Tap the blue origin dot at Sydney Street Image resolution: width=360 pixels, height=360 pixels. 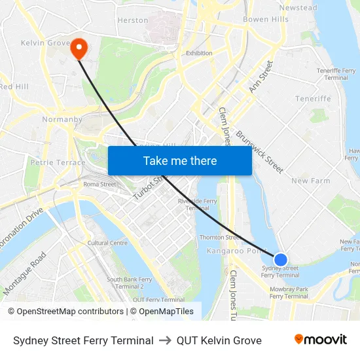(280, 260)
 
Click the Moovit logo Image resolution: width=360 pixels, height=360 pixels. (320, 340)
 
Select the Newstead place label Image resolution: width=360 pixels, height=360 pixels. (298, 8)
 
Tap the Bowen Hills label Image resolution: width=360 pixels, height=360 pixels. (265, 20)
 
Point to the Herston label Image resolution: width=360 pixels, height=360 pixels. (133, 20)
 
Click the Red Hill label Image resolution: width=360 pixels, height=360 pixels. (14, 86)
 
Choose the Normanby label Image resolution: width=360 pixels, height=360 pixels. (62, 120)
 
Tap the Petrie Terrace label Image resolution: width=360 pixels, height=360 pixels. (58, 162)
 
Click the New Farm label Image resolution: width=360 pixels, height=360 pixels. (311, 181)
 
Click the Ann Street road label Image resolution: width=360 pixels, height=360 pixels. (261, 77)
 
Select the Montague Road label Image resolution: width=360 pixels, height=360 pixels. (26, 273)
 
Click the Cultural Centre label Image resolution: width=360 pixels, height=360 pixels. (107, 243)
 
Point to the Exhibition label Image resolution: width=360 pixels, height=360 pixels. (199, 53)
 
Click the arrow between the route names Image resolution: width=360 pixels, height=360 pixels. (165, 340)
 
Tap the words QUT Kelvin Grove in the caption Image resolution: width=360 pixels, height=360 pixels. (219, 340)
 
